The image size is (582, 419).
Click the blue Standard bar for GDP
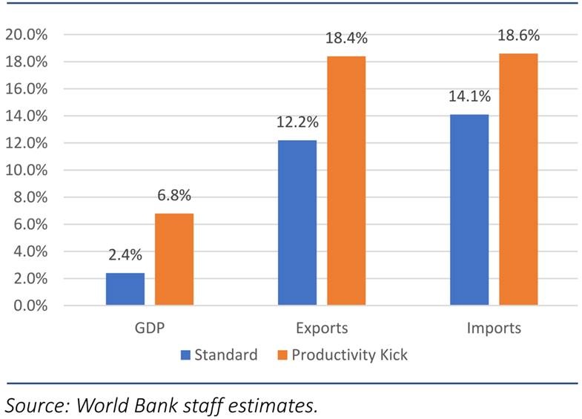[x=125, y=289]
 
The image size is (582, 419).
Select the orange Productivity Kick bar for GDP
[x=174, y=260]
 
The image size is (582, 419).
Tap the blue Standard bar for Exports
[x=297, y=222]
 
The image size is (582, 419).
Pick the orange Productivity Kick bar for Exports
[x=346, y=181]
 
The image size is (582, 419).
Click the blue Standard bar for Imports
[x=469, y=210]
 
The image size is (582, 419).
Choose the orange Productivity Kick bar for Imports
[x=518, y=179]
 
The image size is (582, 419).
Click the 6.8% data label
[x=174, y=197]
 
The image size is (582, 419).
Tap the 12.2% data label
[x=297, y=123]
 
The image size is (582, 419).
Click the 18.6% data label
[x=518, y=36]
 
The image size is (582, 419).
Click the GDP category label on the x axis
[x=150, y=328]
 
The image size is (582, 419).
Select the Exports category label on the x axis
[x=322, y=328]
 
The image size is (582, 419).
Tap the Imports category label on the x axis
[x=494, y=328]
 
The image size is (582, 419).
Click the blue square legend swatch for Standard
[x=185, y=355]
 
